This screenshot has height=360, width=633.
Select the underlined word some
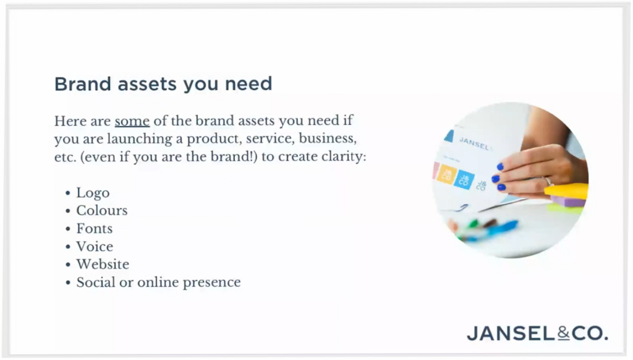coord(132,121)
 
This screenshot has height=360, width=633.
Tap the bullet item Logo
coord(93,193)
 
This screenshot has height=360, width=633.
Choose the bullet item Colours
coord(102,210)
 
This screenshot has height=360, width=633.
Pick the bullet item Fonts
coord(95,229)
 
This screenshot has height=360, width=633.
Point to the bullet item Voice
coord(95,246)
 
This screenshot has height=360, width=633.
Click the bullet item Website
coord(103,264)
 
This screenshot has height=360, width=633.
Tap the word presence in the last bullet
coord(211,283)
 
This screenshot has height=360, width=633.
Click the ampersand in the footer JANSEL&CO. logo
coord(564,333)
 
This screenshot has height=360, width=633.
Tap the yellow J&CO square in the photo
coord(447,174)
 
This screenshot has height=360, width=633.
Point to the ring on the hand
coord(548,181)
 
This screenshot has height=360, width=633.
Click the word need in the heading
coord(249,84)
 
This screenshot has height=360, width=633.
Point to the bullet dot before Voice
coord(68,246)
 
